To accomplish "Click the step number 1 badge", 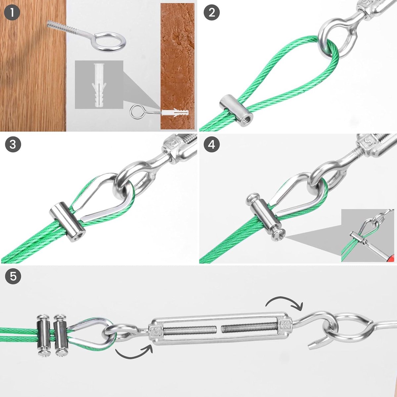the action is [x=12, y=12].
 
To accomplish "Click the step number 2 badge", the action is [x=212, y=12].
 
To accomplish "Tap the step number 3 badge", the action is [x=13, y=144].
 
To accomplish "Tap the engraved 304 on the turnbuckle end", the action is [x=288, y=325].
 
